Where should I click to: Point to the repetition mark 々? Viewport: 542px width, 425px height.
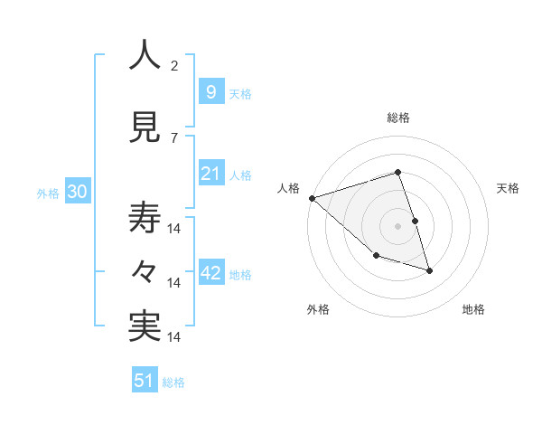pos(145,272)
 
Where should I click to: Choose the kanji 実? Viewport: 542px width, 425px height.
pos(145,326)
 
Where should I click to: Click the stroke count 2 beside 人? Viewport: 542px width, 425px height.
pos(173,65)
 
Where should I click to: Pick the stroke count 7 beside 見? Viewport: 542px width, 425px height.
pos(173,137)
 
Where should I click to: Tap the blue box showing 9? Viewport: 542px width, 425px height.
pos(210,92)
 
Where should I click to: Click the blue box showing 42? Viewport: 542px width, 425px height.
pos(210,273)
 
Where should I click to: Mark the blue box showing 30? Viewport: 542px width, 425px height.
pos(77,192)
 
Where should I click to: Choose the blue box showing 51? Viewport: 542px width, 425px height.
pos(145,381)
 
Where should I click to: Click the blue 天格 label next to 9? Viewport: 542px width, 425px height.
pos(240,93)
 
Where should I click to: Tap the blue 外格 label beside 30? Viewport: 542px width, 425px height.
pos(48,193)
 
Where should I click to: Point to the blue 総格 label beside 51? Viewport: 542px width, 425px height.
pos(173,382)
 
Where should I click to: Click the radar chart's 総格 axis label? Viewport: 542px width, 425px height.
pos(398,118)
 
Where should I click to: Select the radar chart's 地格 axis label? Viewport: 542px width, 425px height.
pos(473,309)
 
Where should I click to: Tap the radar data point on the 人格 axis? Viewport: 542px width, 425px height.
pos(312,198)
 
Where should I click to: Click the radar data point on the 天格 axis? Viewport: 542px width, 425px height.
pos(415,221)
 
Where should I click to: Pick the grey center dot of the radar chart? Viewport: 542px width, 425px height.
pos(398,226)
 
